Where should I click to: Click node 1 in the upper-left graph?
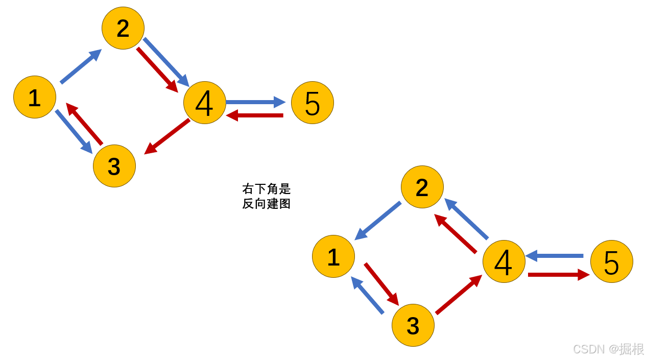[35, 97]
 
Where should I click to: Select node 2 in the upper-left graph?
[123, 28]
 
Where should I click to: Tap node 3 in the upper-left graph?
[114, 166]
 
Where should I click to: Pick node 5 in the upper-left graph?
[313, 103]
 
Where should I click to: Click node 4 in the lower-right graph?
[504, 261]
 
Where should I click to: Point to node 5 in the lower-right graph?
[612, 261]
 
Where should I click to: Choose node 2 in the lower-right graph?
[422, 187]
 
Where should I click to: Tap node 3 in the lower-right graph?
[413, 325]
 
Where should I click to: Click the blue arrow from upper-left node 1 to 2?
[81, 66]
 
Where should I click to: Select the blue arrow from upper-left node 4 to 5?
[255, 102]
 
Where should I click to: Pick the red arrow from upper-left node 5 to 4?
[255, 115]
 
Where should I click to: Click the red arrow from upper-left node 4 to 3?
[167, 136]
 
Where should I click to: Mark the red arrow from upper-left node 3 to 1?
[84, 124]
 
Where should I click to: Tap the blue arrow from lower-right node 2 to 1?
[378, 221]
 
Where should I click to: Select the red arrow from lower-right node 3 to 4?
[459, 295]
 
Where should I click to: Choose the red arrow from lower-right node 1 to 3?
[381, 284]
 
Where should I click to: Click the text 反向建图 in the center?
[267, 204]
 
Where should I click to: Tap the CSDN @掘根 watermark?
[608, 349]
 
